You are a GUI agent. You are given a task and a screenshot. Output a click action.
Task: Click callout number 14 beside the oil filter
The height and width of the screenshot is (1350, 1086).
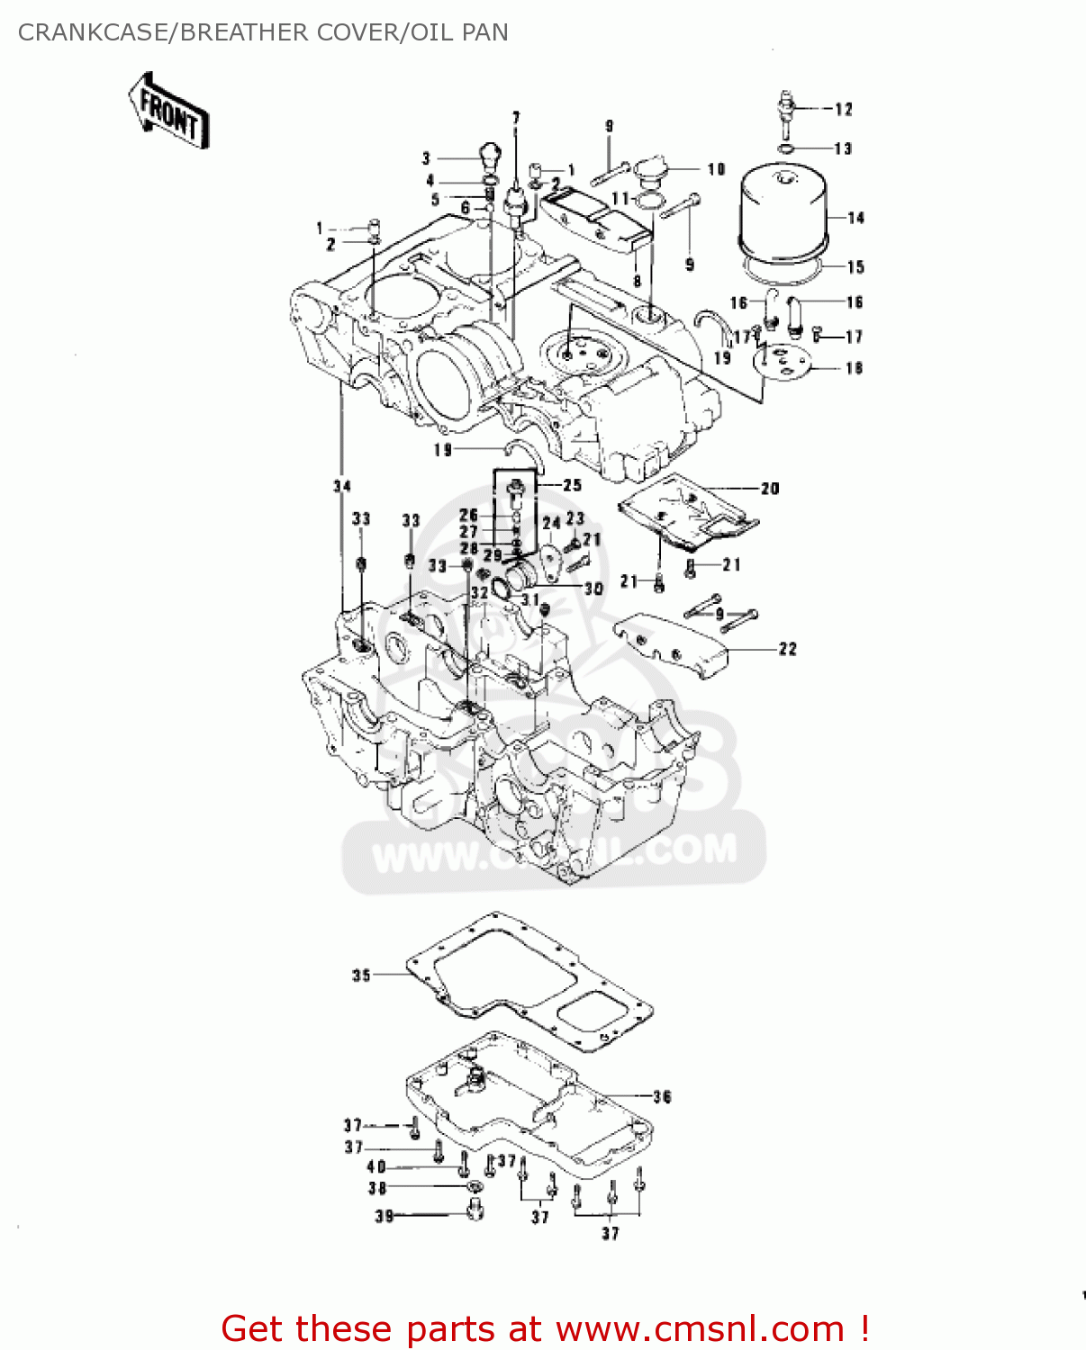coord(855,218)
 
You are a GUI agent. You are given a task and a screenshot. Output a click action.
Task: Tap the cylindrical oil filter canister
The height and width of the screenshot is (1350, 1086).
coord(782,211)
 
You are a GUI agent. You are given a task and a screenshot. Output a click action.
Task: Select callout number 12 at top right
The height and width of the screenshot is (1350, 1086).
coord(843,109)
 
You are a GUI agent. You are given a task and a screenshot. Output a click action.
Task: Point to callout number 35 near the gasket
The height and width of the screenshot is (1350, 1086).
coord(361,975)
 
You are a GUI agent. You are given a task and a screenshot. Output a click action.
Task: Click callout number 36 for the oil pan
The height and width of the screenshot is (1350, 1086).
coord(662,1096)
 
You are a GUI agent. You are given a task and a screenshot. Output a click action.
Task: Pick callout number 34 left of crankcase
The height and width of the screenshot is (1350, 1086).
coord(341,486)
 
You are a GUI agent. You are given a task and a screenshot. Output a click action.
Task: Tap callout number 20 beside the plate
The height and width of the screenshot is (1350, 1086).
coord(770,489)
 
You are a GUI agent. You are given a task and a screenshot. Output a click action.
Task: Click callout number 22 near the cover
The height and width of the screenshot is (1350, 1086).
coord(788,649)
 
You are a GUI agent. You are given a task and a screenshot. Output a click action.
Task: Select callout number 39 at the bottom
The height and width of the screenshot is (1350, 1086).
coord(385,1216)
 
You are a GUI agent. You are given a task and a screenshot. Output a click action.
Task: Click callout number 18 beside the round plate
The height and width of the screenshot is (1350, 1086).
coord(854,367)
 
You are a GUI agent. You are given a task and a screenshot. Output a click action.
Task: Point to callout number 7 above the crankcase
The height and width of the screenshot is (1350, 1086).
coord(516,118)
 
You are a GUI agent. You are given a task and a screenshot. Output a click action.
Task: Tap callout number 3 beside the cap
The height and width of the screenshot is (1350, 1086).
coord(426,158)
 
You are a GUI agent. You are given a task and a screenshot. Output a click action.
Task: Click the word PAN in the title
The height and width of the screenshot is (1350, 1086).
coord(485,32)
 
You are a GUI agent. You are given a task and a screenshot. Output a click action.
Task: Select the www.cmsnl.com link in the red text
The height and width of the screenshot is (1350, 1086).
coord(700,1328)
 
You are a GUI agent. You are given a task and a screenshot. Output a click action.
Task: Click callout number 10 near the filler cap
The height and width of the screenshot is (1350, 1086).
coord(716,169)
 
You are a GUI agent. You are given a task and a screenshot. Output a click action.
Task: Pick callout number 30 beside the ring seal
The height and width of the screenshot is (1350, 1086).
coord(593,589)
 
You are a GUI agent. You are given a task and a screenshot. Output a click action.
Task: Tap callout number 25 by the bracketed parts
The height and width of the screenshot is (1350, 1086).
coord(572,485)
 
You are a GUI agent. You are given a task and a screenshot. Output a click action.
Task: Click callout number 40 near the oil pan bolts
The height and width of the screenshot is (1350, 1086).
coord(376,1166)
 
